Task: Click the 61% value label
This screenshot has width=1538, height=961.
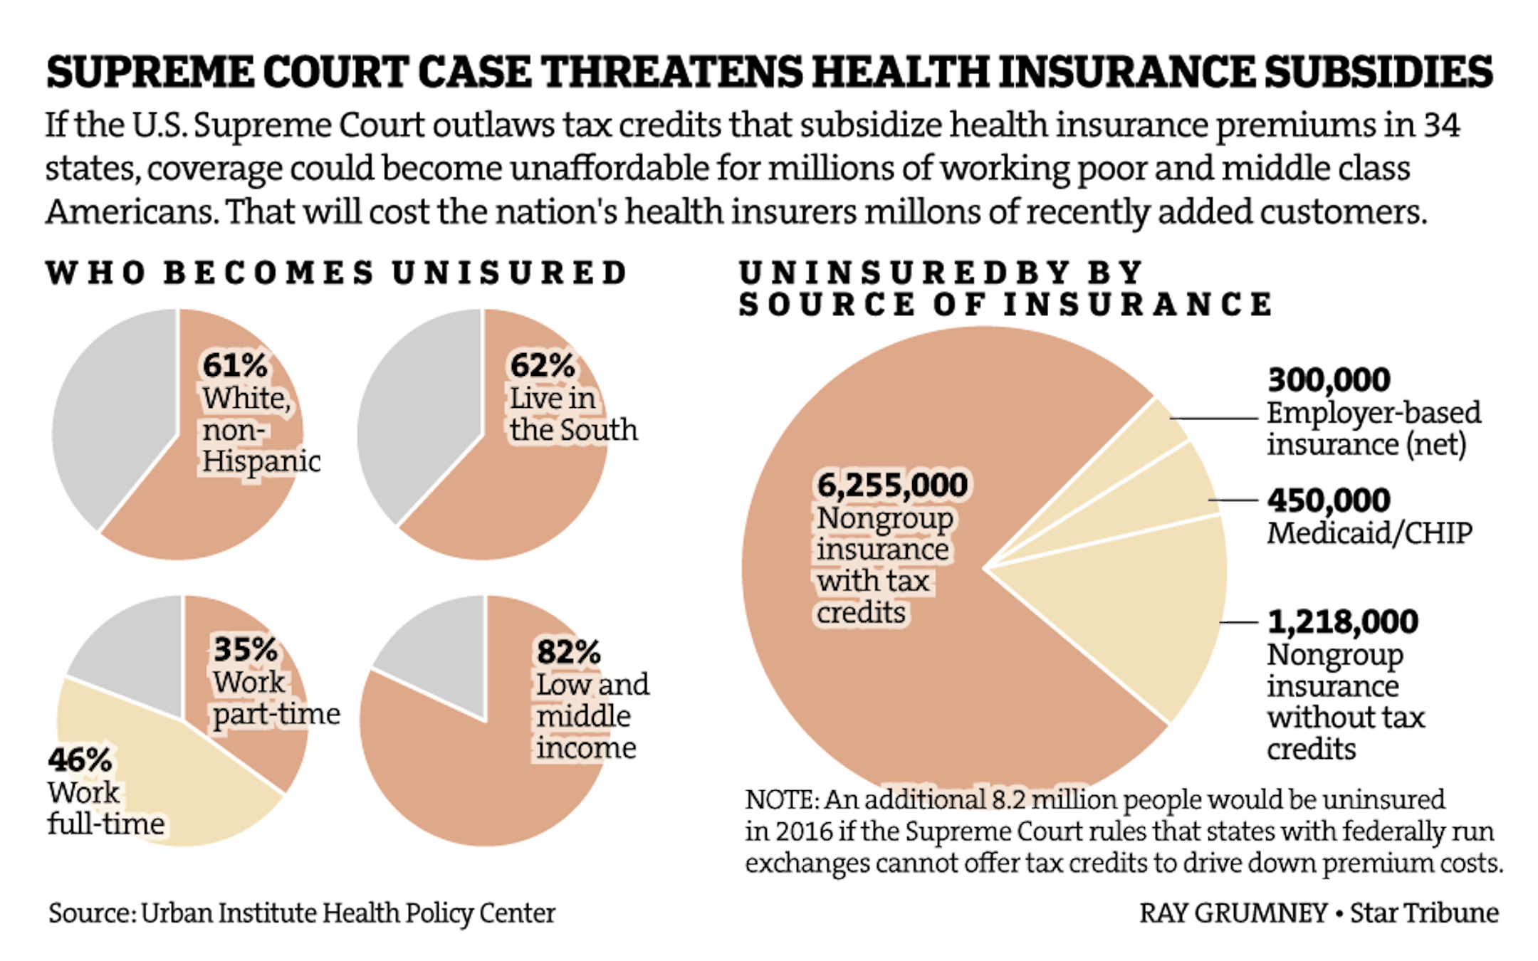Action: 235,365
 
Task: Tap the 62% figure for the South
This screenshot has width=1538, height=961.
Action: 542,365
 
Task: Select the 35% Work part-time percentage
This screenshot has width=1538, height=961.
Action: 246,649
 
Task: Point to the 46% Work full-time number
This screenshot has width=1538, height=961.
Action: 80,760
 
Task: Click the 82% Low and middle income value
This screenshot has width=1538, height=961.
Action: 569,651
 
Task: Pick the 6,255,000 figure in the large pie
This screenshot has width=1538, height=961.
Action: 892,485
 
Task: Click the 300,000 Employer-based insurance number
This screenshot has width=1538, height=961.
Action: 1329,380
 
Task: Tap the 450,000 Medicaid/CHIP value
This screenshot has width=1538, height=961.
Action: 1329,500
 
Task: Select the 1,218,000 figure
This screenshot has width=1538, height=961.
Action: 1343,621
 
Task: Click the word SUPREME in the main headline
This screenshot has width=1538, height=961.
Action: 148,73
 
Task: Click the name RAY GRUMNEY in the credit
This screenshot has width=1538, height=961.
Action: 1233,913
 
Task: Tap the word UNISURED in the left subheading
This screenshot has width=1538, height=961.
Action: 508,273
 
